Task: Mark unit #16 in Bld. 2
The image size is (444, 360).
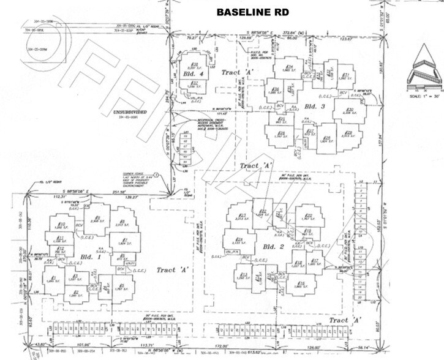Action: coord(301,283)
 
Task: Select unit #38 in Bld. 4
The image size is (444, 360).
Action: coord(195,65)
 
